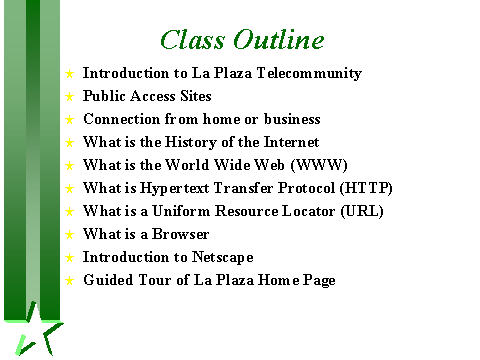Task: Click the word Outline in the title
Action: pos(278,39)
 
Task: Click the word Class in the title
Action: pos(192,39)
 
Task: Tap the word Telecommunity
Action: pos(309,73)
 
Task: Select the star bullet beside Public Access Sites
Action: pos(69,97)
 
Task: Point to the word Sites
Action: pos(196,96)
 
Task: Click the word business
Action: pos(292,119)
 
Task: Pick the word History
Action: pos(191,142)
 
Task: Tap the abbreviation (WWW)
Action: pos(319,165)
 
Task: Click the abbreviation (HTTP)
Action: pos(366,188)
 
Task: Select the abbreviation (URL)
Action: pos(362,211)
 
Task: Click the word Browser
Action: pos(181,234)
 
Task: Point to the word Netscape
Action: pos(223,257)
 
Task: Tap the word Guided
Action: pos(108,280)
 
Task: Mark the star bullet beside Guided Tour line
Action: pos(69,281)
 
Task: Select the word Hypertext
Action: pos(175,188)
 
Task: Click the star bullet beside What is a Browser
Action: pos(69,235)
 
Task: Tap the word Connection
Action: pos(122,119)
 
